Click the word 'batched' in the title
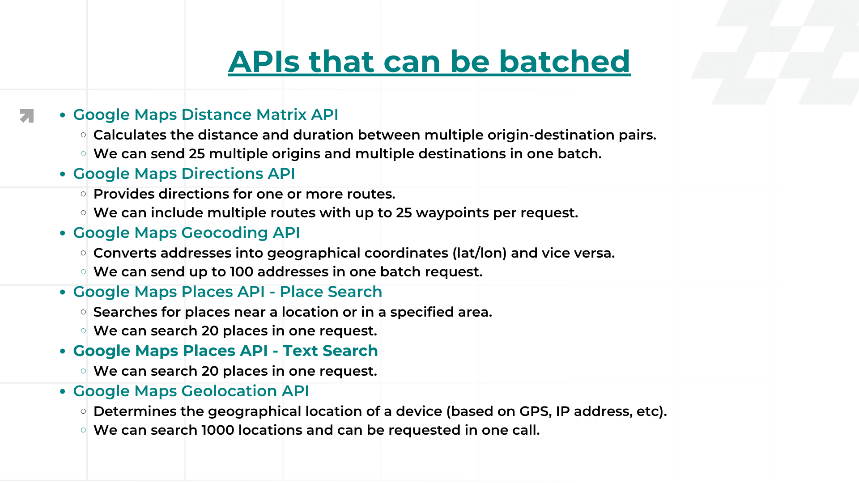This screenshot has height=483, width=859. point(564,61)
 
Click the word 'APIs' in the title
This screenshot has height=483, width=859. point(264,61)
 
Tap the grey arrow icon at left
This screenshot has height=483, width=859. point(27,116)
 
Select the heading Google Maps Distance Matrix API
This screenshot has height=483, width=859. point(205,114)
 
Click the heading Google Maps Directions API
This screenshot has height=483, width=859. point(184,174)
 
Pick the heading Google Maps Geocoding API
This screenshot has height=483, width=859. point(186,233)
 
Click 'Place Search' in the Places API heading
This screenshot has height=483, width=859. point(331,292)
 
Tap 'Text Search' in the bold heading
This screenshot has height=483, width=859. point(330,351)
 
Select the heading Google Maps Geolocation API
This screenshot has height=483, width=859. point(191,391)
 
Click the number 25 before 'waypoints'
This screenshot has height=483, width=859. point(404,213)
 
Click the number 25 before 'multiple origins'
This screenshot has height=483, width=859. point(196,154)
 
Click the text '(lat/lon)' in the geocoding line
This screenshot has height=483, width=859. point(479,253)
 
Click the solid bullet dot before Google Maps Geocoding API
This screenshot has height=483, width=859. point(63,233)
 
